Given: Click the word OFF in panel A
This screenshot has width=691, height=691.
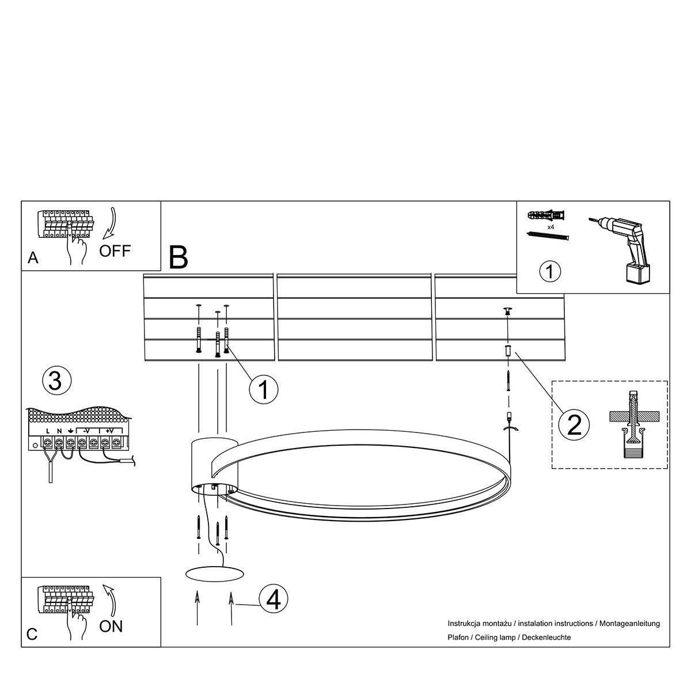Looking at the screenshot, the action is click(115, 251).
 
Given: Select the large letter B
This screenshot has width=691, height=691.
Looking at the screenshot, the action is click(178, 257).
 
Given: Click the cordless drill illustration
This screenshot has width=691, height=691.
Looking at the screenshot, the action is click(620, 250).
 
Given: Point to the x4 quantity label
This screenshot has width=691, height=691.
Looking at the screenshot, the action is click(551, 227).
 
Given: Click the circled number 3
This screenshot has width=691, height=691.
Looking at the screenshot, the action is click(56, 381).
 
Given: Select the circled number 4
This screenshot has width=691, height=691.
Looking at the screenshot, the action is click(274, 599).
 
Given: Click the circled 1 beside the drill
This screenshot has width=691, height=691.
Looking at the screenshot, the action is click(550, 271).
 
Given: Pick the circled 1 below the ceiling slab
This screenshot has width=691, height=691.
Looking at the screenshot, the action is click(264, 389).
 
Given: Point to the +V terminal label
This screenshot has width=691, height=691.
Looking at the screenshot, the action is click(109, 431).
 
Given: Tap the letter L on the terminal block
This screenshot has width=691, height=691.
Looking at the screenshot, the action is click(48, 431).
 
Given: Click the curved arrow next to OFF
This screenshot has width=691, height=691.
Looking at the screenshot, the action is click(112, 223).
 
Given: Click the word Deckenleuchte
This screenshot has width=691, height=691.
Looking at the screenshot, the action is click(546, 637).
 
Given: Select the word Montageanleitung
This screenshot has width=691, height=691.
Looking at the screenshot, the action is click(629, 624).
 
